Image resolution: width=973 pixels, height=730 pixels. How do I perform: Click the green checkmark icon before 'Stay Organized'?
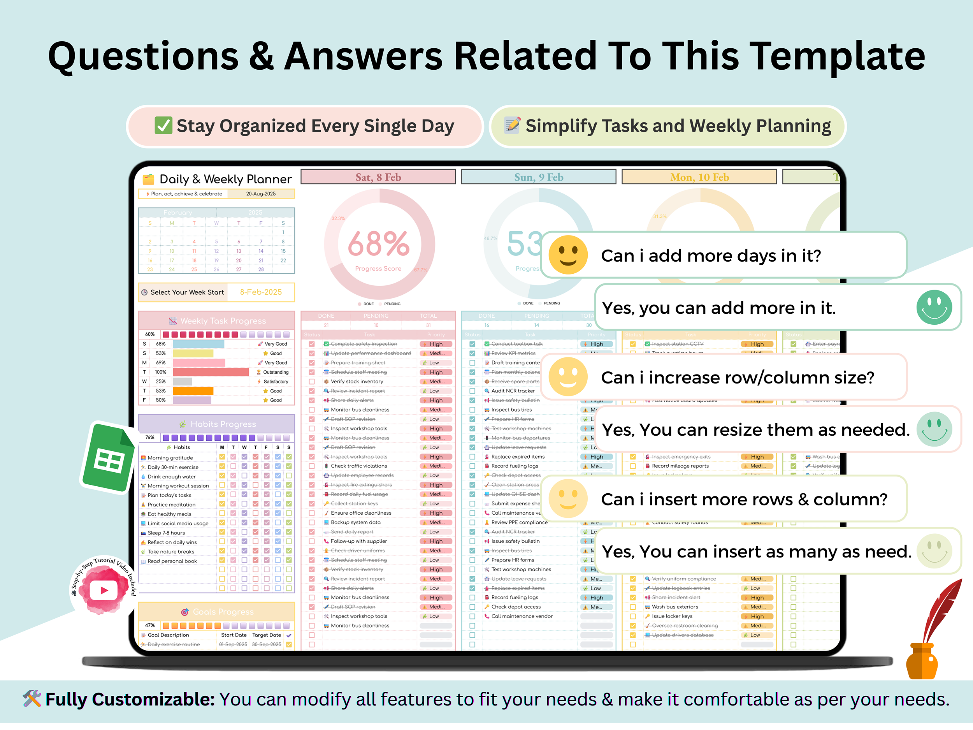click(163, 126)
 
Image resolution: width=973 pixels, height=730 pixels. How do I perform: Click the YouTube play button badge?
click(104, 590)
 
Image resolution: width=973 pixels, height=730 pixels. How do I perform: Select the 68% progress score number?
click(379, 244)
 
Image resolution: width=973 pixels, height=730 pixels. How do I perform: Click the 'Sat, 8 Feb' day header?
click(378, 177)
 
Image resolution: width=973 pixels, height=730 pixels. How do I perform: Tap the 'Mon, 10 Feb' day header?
click(699, 177)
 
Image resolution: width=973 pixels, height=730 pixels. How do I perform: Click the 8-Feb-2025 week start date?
click(261, 292)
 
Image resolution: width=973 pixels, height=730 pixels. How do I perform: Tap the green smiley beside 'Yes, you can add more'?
click(934, 308)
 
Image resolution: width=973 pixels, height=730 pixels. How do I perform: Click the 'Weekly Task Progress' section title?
click(223, 321)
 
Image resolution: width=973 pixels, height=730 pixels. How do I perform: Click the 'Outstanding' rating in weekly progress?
click(276, 372)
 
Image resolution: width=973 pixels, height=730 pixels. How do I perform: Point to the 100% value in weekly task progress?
click(161, 372)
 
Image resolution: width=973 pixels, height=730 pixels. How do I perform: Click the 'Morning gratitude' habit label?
click(170, 457)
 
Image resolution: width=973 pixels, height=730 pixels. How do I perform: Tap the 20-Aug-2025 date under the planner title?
click(261, 193)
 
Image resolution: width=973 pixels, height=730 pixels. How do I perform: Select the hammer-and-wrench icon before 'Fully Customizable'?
click(32, 699)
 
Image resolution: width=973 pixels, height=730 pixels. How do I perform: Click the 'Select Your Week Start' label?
click(187, 292)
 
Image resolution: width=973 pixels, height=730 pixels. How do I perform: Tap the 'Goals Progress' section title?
click(223, 612)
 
